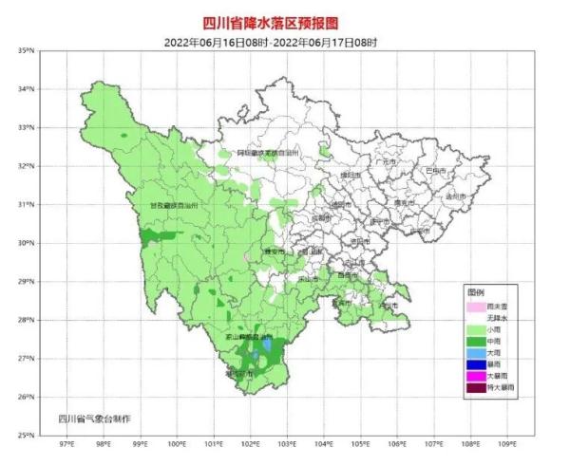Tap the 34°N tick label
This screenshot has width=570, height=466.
[26, 89]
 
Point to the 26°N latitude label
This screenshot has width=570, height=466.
[26, 397]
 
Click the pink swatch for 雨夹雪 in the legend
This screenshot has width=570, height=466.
[473, 308]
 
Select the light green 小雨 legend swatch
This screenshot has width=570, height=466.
[473, 328]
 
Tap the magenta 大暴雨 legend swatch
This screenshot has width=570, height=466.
[473, 376]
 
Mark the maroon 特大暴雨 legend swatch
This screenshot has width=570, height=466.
[473, 387]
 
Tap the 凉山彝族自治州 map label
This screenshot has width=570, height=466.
[248, 337]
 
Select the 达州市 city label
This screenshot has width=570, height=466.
[453, 196]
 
